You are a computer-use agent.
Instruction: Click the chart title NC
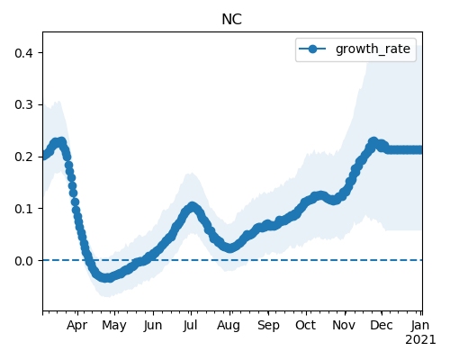coord(231,20)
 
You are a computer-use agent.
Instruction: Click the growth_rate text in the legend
coord(373,49)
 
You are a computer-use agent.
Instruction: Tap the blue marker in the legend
coord(312,49)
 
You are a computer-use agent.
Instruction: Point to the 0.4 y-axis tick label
coord(24,53)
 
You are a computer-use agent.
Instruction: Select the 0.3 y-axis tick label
coord(24,105)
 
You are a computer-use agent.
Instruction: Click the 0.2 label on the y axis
coord(24,157)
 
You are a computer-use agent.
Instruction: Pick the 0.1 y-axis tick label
coord(24,209)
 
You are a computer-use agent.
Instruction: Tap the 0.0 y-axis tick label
coord(24,261)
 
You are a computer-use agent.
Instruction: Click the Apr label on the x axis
coord(77,326)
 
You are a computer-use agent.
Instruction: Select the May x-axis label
coord(114,326)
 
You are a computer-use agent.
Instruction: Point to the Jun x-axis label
coord(153,326)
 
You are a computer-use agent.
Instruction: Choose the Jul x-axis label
coord(190,326)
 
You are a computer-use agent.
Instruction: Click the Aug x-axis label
coord(229,326)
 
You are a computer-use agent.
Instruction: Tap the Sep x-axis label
coord(268,326)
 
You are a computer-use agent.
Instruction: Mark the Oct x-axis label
coord(305,325)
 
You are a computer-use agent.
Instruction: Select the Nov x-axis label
coord(344,325)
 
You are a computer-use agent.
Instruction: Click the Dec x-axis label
coord(382,325)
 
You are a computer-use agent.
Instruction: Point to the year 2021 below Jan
coord(420,340)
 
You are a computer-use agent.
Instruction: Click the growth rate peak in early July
coord(192,206)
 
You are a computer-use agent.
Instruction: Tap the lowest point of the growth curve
coord(106,277)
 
